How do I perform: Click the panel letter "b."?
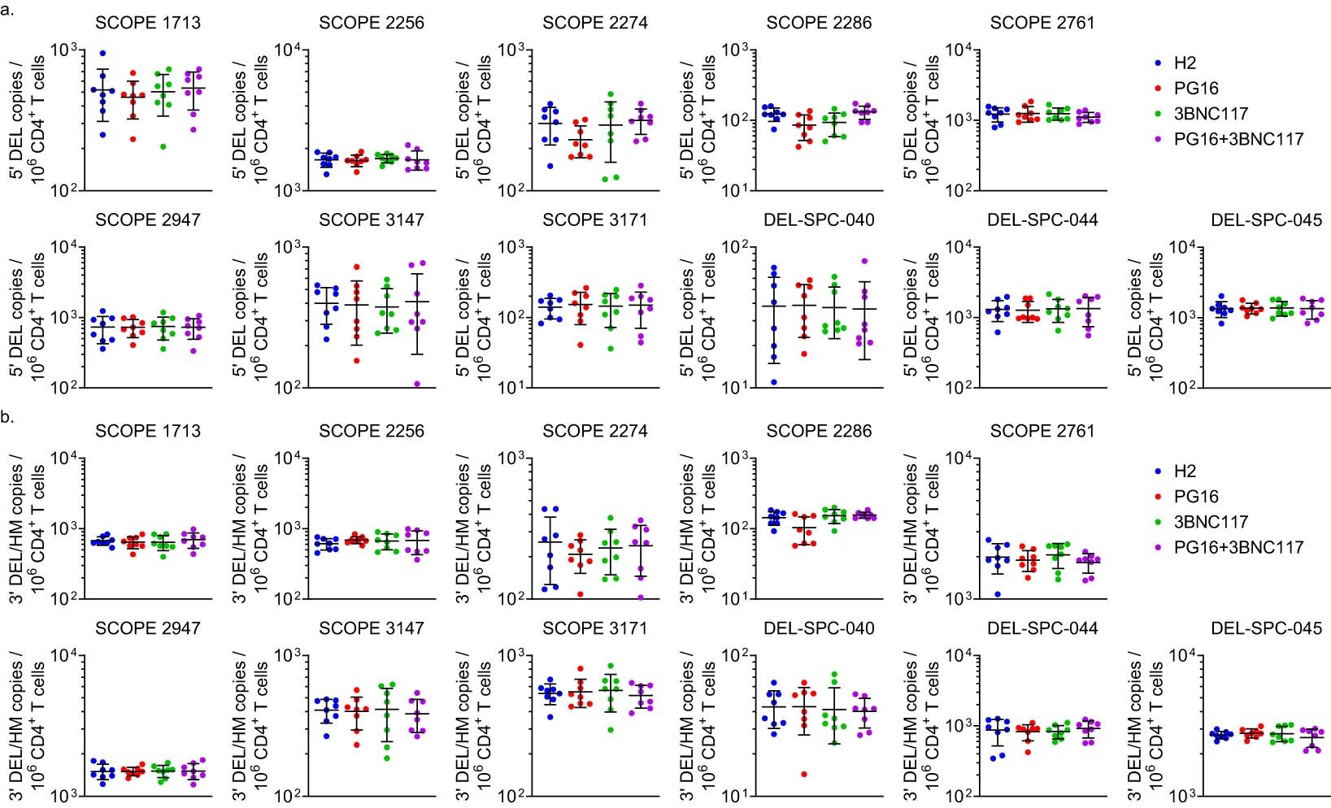click(7, 417)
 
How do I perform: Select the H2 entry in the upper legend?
click(1175, 63)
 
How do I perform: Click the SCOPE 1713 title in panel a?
click(147, 23)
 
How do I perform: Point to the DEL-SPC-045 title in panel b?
click(1266, 628)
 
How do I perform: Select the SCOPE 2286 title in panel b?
click(819, 431)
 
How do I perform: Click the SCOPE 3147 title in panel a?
click(372, 220)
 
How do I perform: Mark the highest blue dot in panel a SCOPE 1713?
click(102, 54)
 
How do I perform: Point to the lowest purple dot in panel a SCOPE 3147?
click(418, 384)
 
